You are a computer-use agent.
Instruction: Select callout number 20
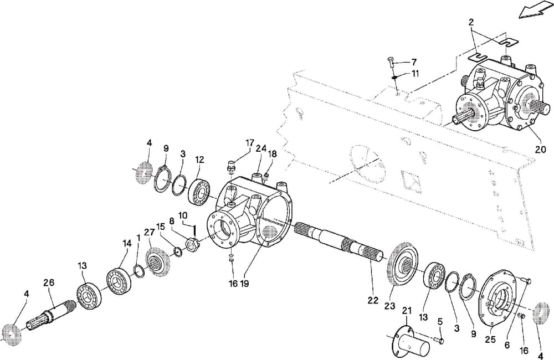pyautogui.click(x=540, y=148)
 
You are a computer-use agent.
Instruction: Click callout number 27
pyautogui.click(x=148, y=233)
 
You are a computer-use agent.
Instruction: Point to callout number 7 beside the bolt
pyautogui.click(x=414, y=61)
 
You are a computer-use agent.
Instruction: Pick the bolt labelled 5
pyautogui.click(x=439, y=339)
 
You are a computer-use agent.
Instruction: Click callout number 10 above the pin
pyautogui.click(x=183, y=215)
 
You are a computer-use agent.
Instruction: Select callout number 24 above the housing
pyautogui.click(x=261, y=148)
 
